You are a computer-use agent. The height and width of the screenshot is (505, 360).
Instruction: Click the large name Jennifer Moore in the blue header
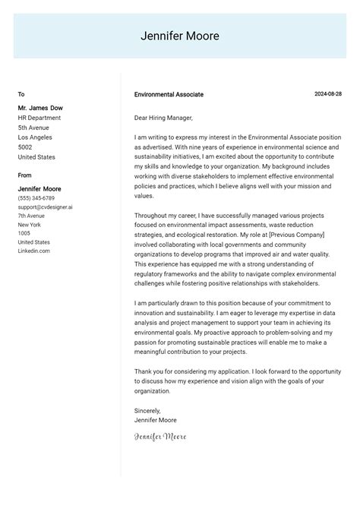click(x=180, y=36)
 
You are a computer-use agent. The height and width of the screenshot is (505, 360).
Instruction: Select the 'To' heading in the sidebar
click(x=21, y=94)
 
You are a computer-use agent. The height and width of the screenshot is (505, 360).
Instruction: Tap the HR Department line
click(x=39, y=118)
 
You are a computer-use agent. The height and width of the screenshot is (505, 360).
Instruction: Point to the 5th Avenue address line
click(x=34, y=128)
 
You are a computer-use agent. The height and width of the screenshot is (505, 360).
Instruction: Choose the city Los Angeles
click(x=35, y=137)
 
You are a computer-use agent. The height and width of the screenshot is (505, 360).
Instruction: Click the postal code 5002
click(x=25, y=147)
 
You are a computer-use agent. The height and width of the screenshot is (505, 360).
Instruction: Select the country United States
click(x=36, y=157)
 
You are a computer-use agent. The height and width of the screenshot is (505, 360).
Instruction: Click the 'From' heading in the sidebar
click(x=25, y=175)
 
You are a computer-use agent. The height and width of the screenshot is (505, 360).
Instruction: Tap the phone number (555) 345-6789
click(x=36, y=198)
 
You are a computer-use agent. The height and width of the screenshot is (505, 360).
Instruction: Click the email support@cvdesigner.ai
click(x=45, y=207)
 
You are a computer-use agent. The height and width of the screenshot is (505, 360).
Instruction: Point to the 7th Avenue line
click(x=32, y=216)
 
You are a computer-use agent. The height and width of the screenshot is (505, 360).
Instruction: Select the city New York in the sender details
click(x=29, y=225)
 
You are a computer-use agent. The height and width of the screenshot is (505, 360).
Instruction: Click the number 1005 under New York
click(x=24, y=233)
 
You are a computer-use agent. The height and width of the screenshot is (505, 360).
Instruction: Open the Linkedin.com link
click(x=34, y=251)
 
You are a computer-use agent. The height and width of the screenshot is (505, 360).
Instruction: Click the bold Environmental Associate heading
click(x=169, y=95)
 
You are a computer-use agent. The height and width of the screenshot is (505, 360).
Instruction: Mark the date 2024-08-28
click(x=328, y=94)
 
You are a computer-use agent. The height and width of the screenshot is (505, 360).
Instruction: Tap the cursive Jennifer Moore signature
click(x=159, y=437)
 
